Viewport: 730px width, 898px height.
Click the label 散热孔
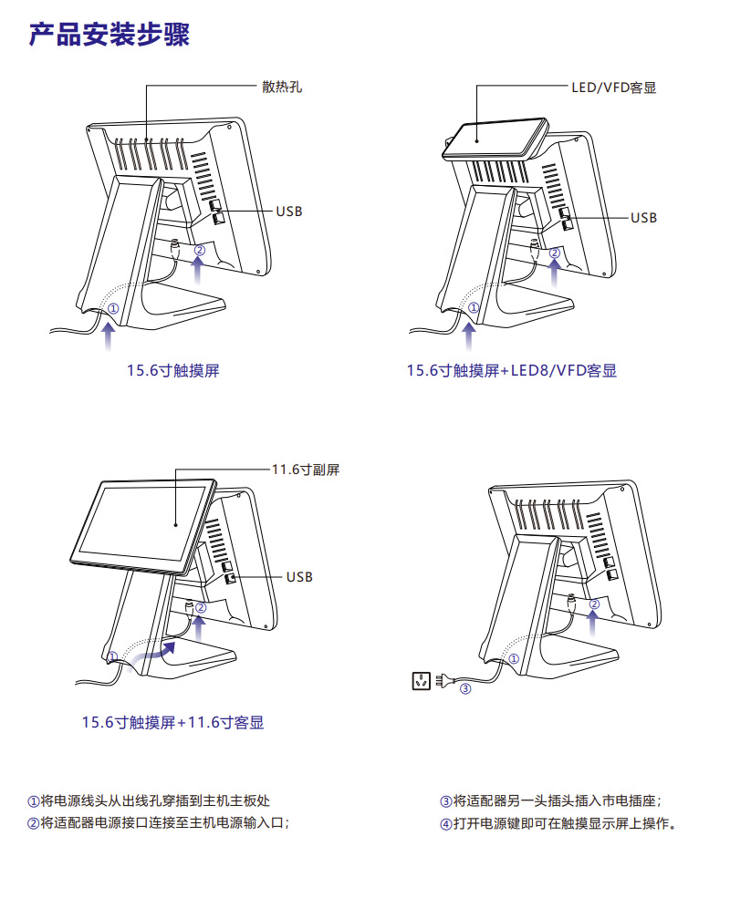[x=281, y=88]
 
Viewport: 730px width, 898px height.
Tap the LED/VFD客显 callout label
[x=613, y=88]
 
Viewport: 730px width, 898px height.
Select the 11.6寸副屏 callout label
[x=306, y=470]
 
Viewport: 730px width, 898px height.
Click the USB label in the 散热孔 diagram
[x=289, y=212]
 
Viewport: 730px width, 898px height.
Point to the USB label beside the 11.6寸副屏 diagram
[x=299, y=577]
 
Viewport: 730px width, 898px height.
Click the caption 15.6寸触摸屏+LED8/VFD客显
[x=511, y=371]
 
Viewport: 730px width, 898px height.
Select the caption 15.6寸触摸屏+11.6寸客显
[x=173, y=723]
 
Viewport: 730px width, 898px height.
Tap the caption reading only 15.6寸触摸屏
[x=173, y=371]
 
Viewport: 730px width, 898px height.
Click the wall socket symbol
[x=421, y=679]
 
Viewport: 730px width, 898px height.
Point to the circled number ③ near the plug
[x=464, y=689]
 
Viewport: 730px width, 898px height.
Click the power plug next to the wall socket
[x=443, y=680]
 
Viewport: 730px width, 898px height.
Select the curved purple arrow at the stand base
[x=151, y=653]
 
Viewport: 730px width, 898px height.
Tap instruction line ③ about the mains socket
[x=550, y=801]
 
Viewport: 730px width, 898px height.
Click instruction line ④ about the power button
[x=558, y=823]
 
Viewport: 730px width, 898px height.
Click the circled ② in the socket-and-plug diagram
[x=594, y=604]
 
